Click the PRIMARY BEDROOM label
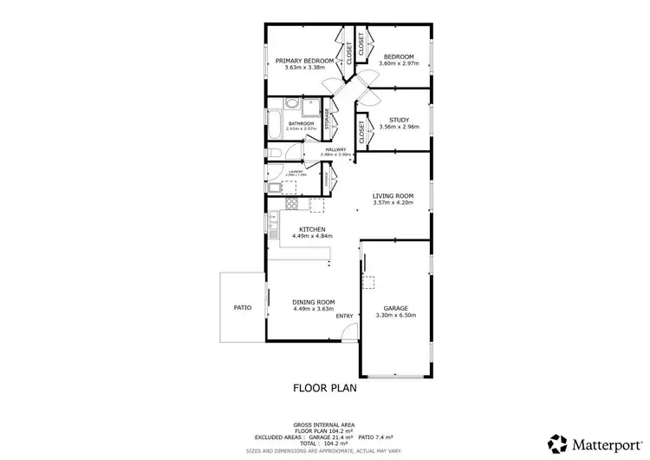point(304,61)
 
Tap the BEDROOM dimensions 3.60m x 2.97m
point(400,63)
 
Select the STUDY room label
point(399,120)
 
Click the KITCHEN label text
point(313,229)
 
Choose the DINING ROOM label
point(314,302)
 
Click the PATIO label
point(243,307)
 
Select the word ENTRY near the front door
point(345,316)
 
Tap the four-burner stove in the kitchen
point(292,205)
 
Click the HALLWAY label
point(335,149)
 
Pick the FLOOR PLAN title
point(324,388)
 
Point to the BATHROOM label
point(301,123)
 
